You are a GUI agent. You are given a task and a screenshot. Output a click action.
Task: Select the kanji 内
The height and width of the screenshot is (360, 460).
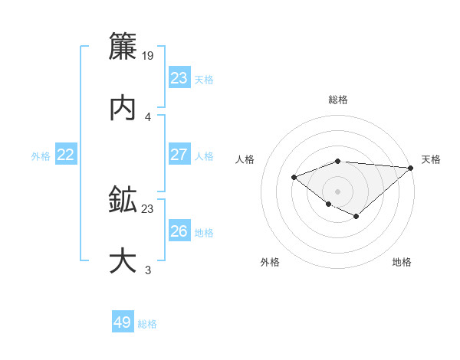123,108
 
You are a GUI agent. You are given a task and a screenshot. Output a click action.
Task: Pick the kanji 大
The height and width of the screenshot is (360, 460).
123,261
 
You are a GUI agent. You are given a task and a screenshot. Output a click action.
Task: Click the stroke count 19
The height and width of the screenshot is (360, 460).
149,55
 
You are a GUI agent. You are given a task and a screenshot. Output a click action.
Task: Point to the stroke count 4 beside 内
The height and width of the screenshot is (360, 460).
148,116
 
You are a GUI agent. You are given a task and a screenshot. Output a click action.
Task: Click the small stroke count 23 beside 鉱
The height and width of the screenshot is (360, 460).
148,208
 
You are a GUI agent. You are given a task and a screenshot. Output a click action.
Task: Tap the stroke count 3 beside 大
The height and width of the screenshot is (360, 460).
148,270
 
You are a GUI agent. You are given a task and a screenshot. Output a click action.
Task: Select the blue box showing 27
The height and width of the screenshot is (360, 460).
179,155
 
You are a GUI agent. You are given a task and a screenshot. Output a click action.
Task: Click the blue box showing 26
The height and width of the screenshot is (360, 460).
179,231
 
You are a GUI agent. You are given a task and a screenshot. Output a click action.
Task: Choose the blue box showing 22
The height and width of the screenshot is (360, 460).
66,155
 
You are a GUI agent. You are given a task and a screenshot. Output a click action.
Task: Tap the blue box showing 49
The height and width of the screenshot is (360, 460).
123,322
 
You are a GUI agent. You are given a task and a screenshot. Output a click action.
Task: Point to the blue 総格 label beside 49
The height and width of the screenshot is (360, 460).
147,324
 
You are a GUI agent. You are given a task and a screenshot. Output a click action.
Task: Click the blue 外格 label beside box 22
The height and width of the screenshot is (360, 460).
41,156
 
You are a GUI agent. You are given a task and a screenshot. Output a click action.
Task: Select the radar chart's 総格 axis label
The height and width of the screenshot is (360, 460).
337,100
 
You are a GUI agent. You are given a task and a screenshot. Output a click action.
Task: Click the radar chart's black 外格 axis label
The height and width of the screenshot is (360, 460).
270,262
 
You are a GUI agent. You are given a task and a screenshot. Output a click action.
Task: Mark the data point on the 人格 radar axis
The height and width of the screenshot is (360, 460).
294,178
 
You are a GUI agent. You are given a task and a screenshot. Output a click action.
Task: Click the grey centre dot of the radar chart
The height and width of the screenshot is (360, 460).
337,191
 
